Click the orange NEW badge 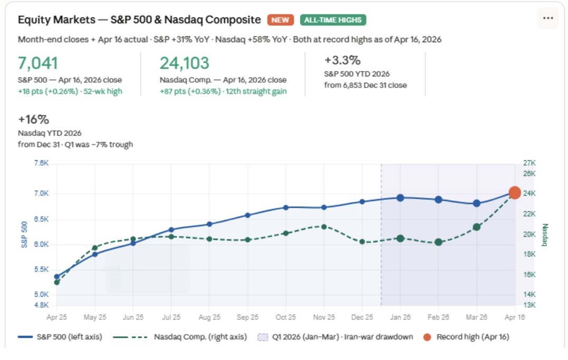[x=281, y=20]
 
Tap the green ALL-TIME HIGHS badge [x=333, y=20]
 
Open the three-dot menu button [x=548, y=18]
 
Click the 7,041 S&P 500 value [x=37, y=63]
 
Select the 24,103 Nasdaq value [x=184, y=63]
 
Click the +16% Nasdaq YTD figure [x=33, y=119]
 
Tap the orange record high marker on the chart [x=515, y=193]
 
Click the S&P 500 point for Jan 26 [x=400, y=198]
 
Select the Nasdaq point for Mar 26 [x=477, y=227]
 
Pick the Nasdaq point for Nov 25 [x=324, y=227]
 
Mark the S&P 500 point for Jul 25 [x=171, y=230]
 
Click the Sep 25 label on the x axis [x=247, y=317]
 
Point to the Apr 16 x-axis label [x=515, y=317]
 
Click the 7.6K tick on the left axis [x=41, y=163]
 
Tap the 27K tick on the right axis [x=529, y=163]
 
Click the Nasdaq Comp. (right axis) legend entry [x=182, y=337]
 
